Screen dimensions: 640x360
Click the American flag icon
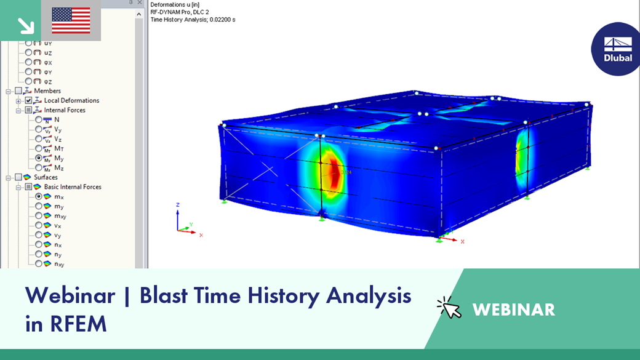tap(71, 20)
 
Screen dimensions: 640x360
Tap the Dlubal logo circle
tap(617, 49)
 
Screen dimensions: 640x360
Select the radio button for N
tap(38, 119)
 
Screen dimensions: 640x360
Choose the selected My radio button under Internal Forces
tap(38, 158)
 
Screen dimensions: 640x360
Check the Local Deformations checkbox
tap(28, 100)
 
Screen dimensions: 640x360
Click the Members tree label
tap(47, 91)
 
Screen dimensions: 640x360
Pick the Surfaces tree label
tap(46, 177)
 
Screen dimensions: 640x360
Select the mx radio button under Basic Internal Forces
tap(38, 196)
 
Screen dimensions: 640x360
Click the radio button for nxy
tap(38, 263)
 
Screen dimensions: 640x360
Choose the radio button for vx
tap(38, 225)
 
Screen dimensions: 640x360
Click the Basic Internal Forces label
tap(73, 187)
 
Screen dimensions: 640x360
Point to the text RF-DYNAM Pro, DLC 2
tap(180, 12)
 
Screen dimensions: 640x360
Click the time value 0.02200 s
tap(222, 20)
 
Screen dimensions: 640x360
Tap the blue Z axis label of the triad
tap(178, 205)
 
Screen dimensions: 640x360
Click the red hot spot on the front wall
tap(334, 172)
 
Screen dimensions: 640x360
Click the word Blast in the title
tap(164, 295)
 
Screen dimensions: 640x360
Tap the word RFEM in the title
tap(78, 324)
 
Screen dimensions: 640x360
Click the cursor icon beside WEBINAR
tap(449, 307)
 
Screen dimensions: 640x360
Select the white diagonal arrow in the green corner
tap(26, 26)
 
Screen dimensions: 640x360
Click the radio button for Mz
tap(38, 167)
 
